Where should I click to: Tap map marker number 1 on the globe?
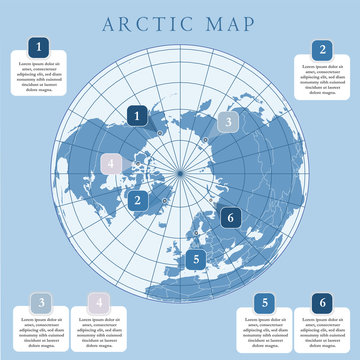coord(138,116)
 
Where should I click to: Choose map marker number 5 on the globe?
coord(196,259)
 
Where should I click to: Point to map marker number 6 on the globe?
coord(229,217)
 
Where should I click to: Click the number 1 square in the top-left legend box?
coord(39,47)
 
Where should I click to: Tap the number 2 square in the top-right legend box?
coord(321,49)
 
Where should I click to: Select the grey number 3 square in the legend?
coord(39,302)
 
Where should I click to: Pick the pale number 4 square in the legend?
coord(97,302)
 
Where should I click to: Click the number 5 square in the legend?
coord(264,302)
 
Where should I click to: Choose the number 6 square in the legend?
coord(321,302)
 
